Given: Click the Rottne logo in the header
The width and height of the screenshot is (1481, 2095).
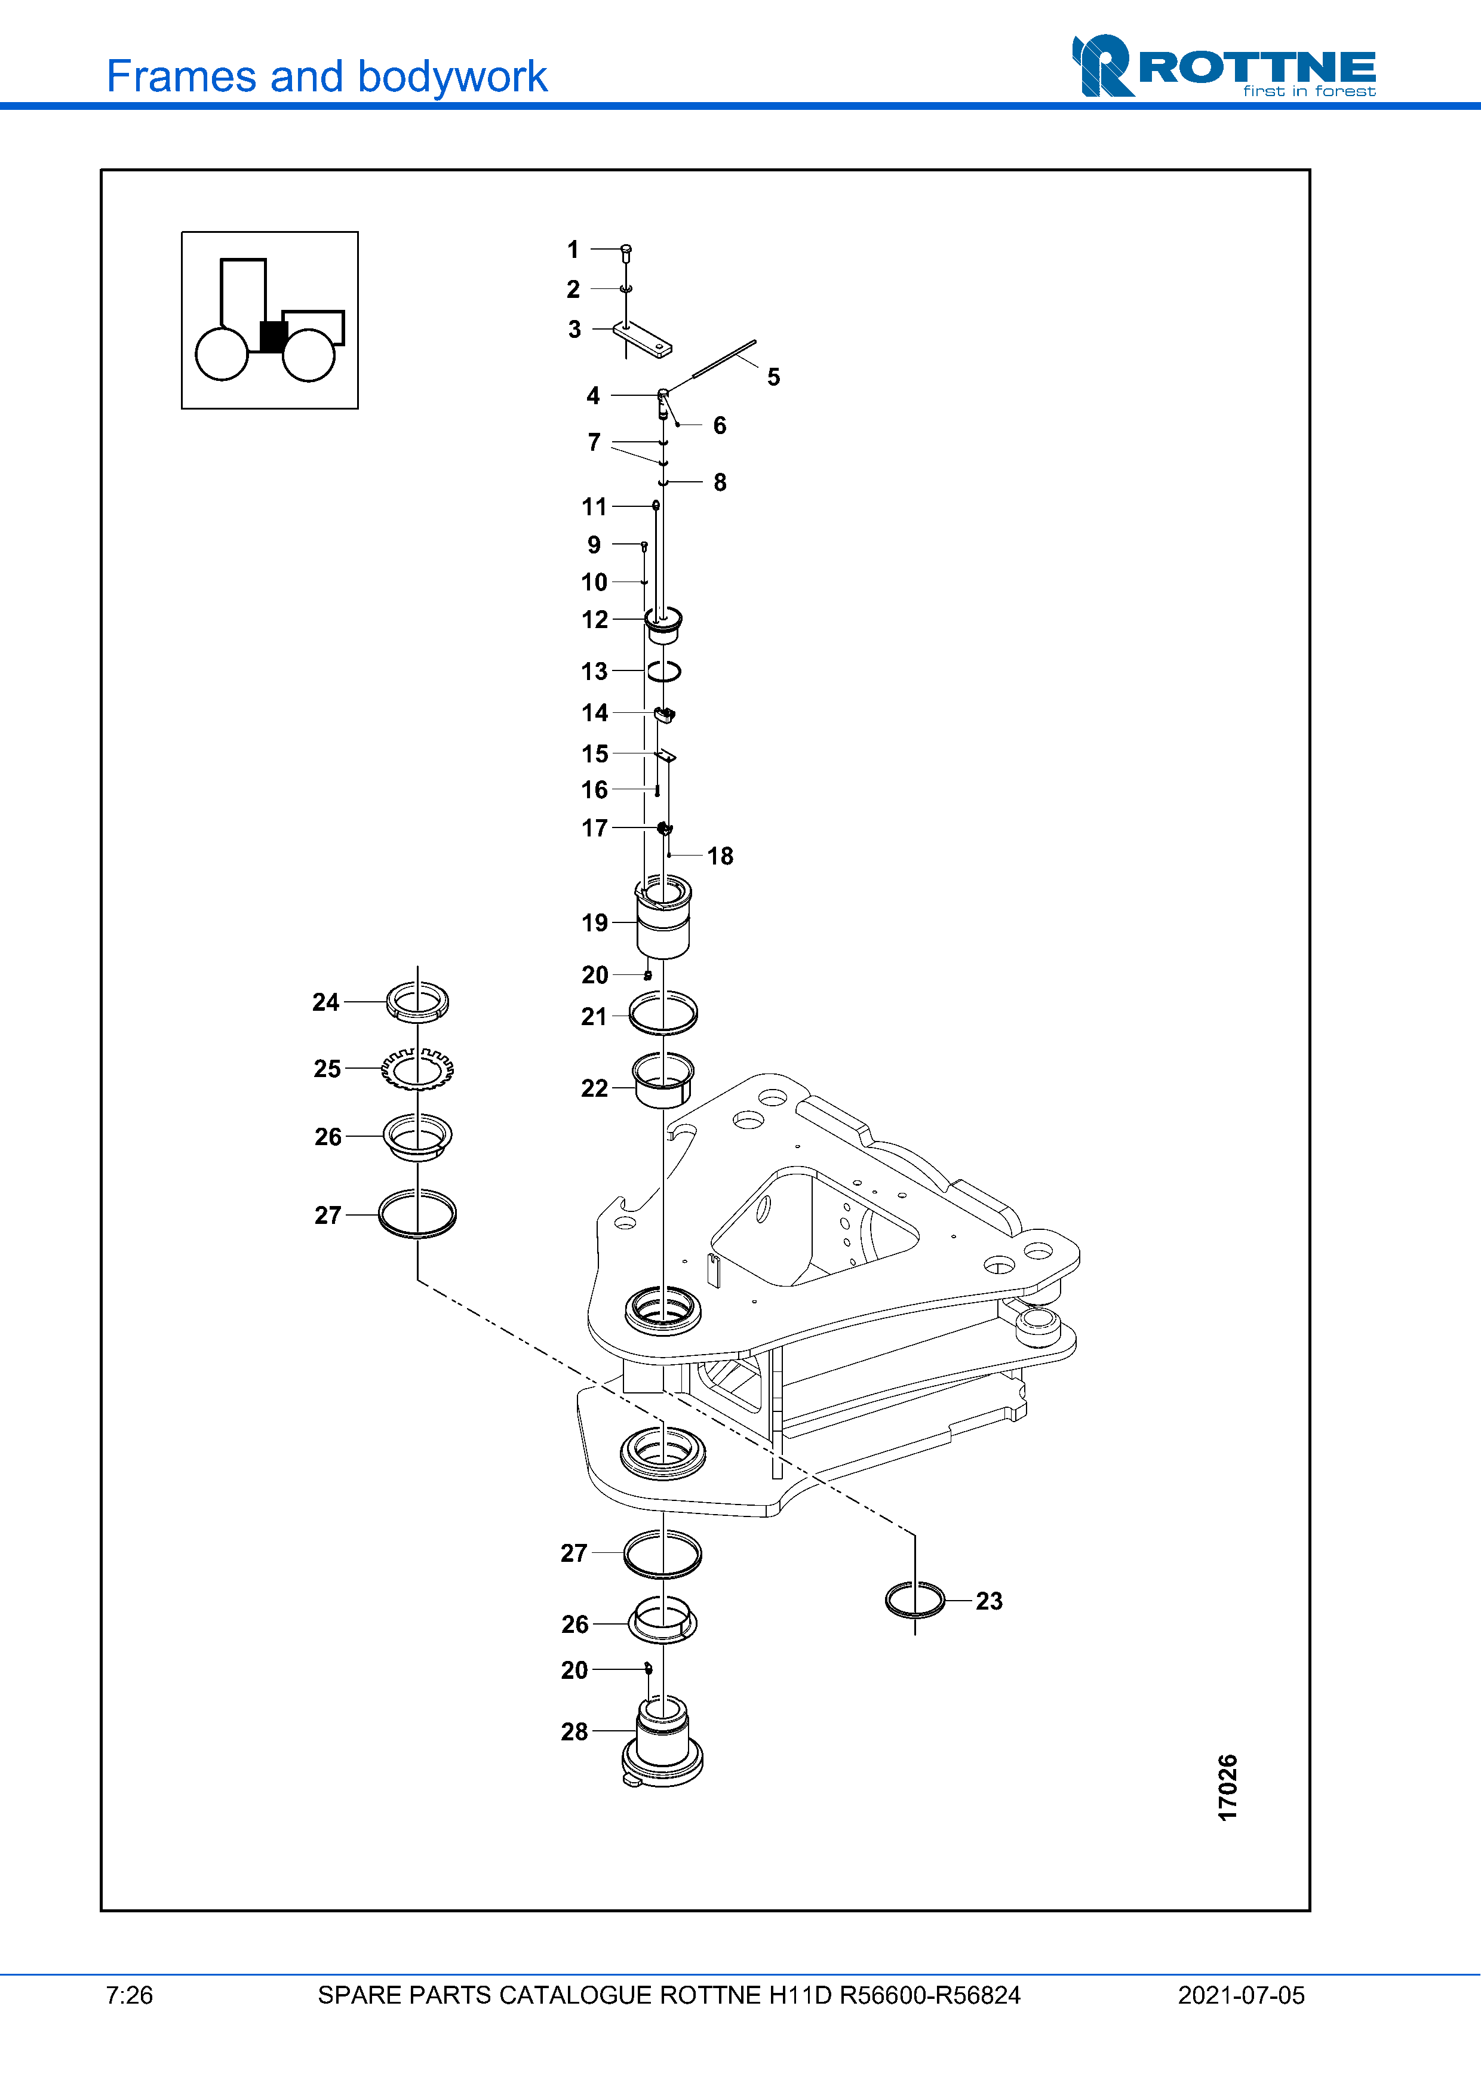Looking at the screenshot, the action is (x=1224, y=66).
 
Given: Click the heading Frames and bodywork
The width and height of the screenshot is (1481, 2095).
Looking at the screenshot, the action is (x=327, y=76).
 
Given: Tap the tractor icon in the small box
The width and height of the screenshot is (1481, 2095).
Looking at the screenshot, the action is (x=270, y=319).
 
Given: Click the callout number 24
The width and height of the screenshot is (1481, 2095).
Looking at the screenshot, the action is (x=326, y=1002).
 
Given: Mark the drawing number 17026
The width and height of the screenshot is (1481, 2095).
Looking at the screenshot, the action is (x=1228, y=1786).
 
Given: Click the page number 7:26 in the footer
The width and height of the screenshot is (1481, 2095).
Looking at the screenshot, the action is (x=130, y=1995).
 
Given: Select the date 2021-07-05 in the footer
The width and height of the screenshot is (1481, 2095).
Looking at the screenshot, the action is (x=1241, y=1995).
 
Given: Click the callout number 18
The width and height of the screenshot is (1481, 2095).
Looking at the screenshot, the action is (x=720, y=856).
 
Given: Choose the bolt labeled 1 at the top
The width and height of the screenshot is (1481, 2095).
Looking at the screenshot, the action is (x=626, y=254).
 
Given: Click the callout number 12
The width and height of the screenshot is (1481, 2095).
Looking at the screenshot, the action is (x=595, y=620).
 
